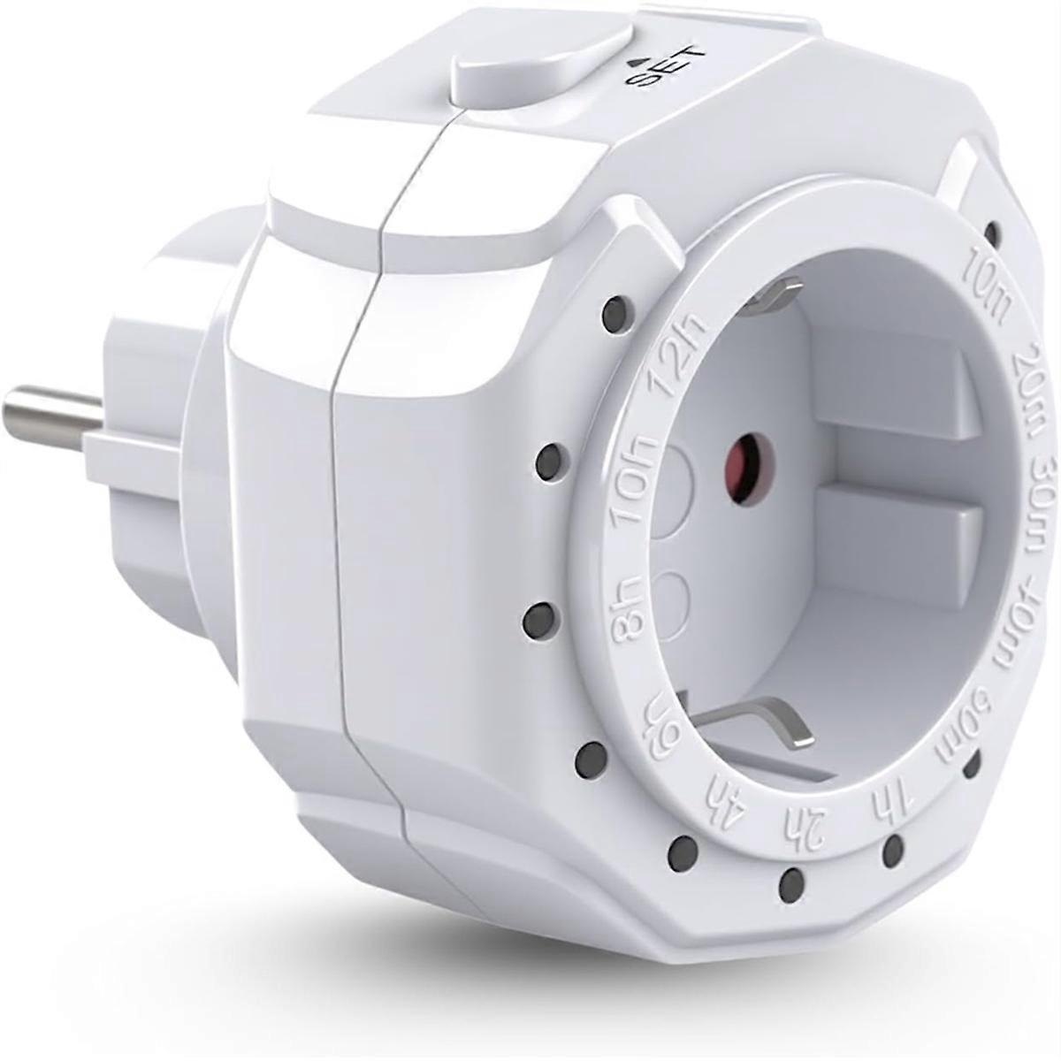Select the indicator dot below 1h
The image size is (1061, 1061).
pos(894,851)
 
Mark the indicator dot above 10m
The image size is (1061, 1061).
pos(993,234)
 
